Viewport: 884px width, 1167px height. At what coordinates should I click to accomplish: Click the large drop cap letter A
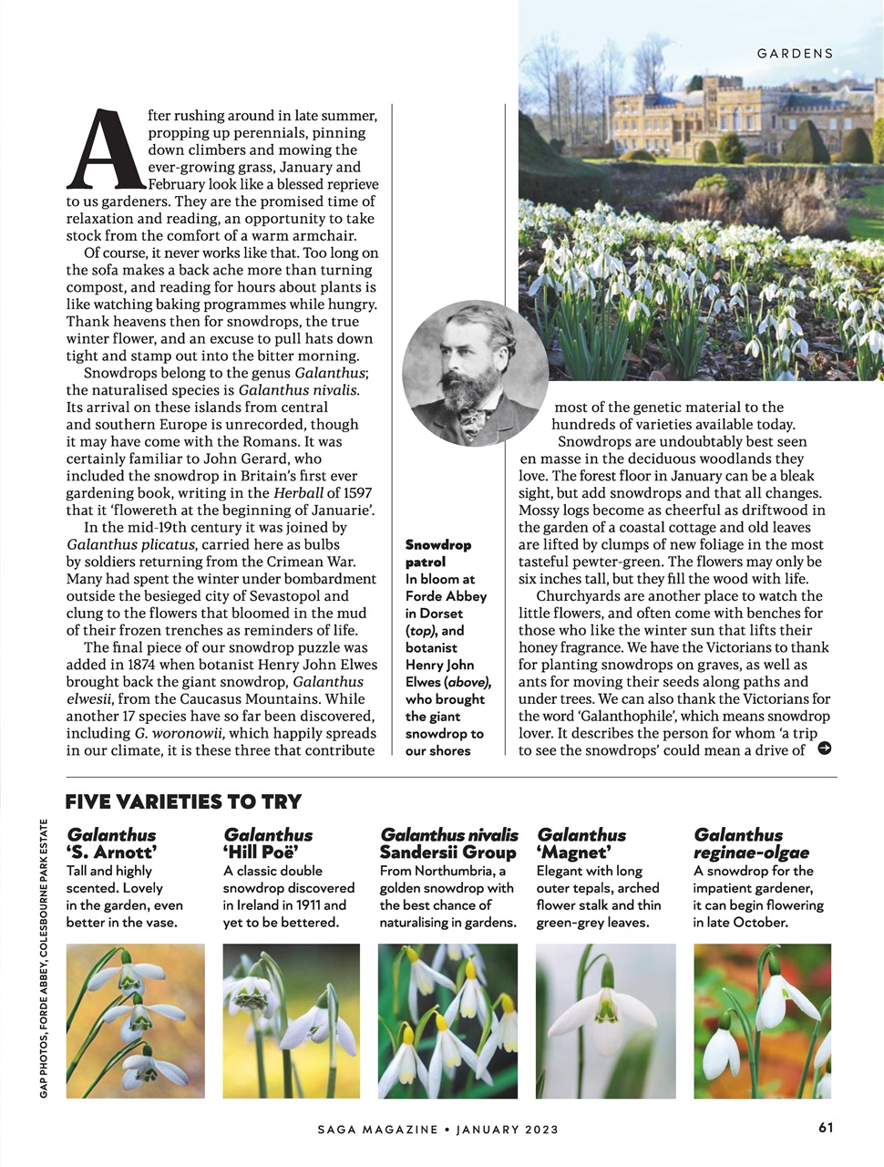pos(106,149)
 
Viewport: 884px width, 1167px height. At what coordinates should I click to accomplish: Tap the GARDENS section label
pos(795,54)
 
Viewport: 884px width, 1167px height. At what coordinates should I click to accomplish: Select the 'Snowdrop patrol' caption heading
pos(438,553)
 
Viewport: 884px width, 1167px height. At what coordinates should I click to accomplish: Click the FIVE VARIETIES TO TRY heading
pos(183,802)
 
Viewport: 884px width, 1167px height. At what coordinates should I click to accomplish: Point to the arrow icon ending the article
pos(825,749)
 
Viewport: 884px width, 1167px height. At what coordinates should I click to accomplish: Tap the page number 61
pos(826,1127)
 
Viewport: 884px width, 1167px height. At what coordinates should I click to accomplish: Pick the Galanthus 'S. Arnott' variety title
pos(112,843)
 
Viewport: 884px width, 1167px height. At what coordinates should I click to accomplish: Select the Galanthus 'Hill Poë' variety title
pos(268,843)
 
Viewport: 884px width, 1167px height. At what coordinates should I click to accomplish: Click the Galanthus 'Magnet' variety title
pos(581,843)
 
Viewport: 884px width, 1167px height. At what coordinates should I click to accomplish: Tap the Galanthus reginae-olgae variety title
pos(751,843)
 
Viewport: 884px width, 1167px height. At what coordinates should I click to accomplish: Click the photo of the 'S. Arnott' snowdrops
pos(136,1020)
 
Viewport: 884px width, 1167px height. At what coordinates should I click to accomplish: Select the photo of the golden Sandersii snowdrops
pos(447,1020)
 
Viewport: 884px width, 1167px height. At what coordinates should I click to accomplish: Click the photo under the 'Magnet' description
pos(605,1020)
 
